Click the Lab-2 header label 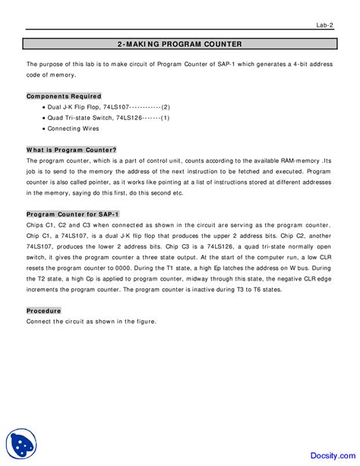pyautogui.click(x=325, y=26)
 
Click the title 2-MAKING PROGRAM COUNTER pyautogui.click(x=180, y=44)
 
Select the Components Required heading pyautogui.click(x=64, y=97)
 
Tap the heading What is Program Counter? pyautogui.click(x=71, y=151)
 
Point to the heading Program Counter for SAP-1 pyautogui.click(x=73, y=214)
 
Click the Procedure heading pyautogui.click(x=43, y=311)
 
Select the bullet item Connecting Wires pyautogui.click(x=74, y=129)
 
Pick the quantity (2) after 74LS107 pyautogui.click(x=165, y=108)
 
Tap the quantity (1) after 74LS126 pyautogui.click(x=164, y=119)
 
